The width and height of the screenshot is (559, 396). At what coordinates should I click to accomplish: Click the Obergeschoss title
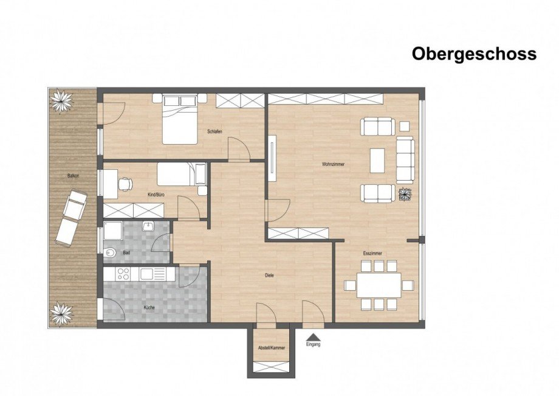(474, 54)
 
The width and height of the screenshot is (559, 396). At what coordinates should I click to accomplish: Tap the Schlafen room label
(213, 131)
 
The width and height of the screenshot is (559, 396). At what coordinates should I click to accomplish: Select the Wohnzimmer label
(334, 164)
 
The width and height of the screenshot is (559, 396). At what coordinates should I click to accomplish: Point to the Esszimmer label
(372, 253)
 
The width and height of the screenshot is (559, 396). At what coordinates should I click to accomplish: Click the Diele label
(269, 275)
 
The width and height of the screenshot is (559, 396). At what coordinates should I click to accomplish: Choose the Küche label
(149, 308)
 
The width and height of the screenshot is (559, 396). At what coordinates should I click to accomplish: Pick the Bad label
(126, 252)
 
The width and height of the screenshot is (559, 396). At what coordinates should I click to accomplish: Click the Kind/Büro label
(156, 195)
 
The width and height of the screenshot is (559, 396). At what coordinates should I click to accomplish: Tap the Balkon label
(74, 176)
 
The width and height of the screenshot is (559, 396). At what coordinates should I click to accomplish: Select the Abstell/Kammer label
(271, 347)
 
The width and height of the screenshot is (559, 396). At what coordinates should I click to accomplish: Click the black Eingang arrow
(313, 336)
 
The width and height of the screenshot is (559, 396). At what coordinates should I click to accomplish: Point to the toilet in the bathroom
(111, 252)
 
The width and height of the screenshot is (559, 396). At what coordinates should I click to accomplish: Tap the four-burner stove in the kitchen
(116, 274)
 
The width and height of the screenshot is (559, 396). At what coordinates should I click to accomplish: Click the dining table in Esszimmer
(379, 285)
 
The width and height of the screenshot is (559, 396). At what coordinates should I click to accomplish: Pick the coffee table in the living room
(378, 161)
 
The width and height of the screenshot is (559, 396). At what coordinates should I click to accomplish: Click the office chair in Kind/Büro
(125, 182)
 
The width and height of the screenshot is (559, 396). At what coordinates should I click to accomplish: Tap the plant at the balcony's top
(61, 100)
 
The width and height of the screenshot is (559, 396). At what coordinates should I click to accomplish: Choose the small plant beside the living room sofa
(405, 194)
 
